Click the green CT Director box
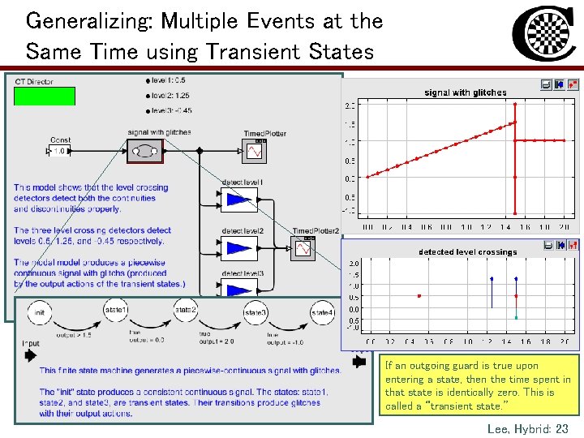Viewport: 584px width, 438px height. point(45,97)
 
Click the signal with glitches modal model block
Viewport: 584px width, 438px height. point(145,151)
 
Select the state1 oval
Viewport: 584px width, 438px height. point(116,311)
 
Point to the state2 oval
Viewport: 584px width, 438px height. point(186,311)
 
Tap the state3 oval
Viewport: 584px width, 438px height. point(255,313)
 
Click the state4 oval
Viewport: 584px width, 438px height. point(322,313)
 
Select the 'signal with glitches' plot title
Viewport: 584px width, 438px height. point(466,92)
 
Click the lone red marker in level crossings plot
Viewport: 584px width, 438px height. point(419,296)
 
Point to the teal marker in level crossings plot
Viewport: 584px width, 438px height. point(516,317)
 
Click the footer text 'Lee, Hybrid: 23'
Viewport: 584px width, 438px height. point(527,428)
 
